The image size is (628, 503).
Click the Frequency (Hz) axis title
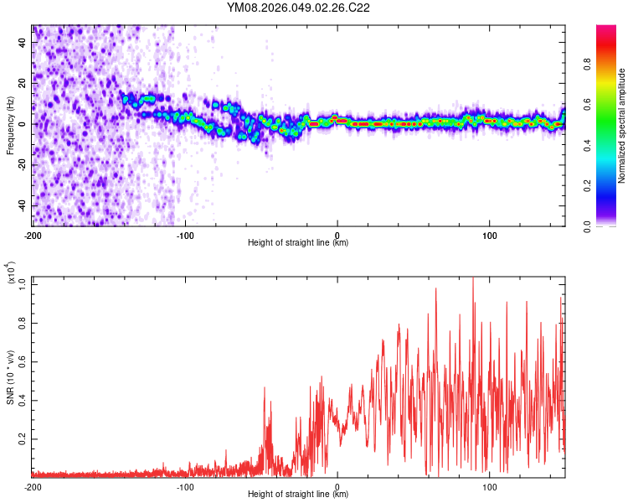[x=10, y=125]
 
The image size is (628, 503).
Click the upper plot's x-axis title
[x=298, y=243]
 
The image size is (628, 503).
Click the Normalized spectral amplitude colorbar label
[x=621, y=126]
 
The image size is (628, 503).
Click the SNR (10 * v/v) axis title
[x=10, y=377]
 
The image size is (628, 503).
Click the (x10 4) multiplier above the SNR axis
[x=10, y=273]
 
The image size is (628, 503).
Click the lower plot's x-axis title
[x=298, y=495]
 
